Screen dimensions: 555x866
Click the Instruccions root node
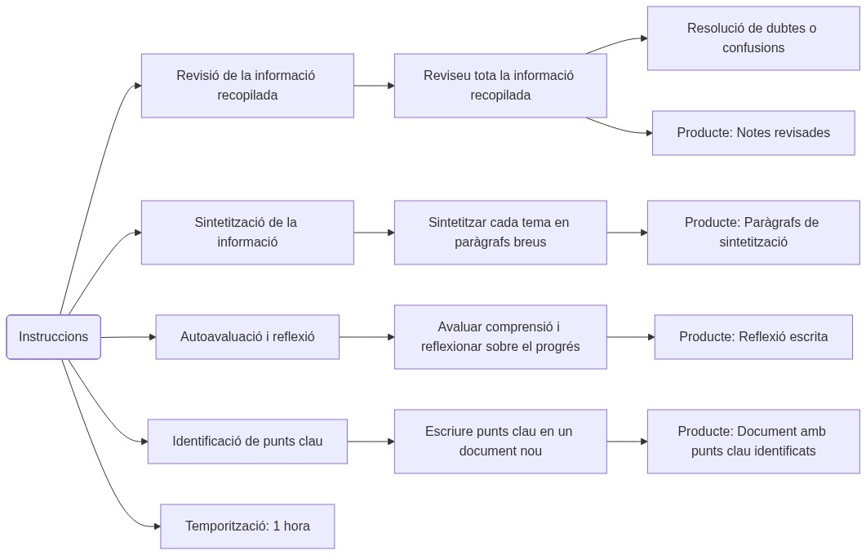point(54,337)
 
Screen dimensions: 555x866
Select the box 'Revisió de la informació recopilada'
point(247,86)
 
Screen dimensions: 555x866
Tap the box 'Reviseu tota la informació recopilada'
point(500,86)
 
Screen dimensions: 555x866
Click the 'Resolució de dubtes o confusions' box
point(753,38)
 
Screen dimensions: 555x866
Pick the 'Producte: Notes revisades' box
point(753,133)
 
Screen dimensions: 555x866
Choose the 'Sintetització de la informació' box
point(247,233)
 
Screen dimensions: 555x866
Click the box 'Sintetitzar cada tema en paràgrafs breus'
point(500,233)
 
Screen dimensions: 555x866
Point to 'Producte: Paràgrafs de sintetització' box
point(753,233)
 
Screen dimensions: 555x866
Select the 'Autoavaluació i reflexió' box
point(247,337)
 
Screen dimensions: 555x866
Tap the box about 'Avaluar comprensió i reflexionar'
point(500,337)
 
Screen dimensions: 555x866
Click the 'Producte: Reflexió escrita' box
point(753,337)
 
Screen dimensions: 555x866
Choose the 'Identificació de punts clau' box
point(247,442)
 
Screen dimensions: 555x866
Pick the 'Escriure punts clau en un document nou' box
point(500,442)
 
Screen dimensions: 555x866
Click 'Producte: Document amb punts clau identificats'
point(753,442)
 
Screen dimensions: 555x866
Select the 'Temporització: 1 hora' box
point(247,526)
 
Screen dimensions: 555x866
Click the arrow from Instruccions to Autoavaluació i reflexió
point(128,337)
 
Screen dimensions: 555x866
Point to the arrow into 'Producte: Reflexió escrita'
point(630,337)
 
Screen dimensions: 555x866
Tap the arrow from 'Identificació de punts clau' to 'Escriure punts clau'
point(371,442)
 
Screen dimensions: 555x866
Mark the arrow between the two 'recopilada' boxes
point(374,86)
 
